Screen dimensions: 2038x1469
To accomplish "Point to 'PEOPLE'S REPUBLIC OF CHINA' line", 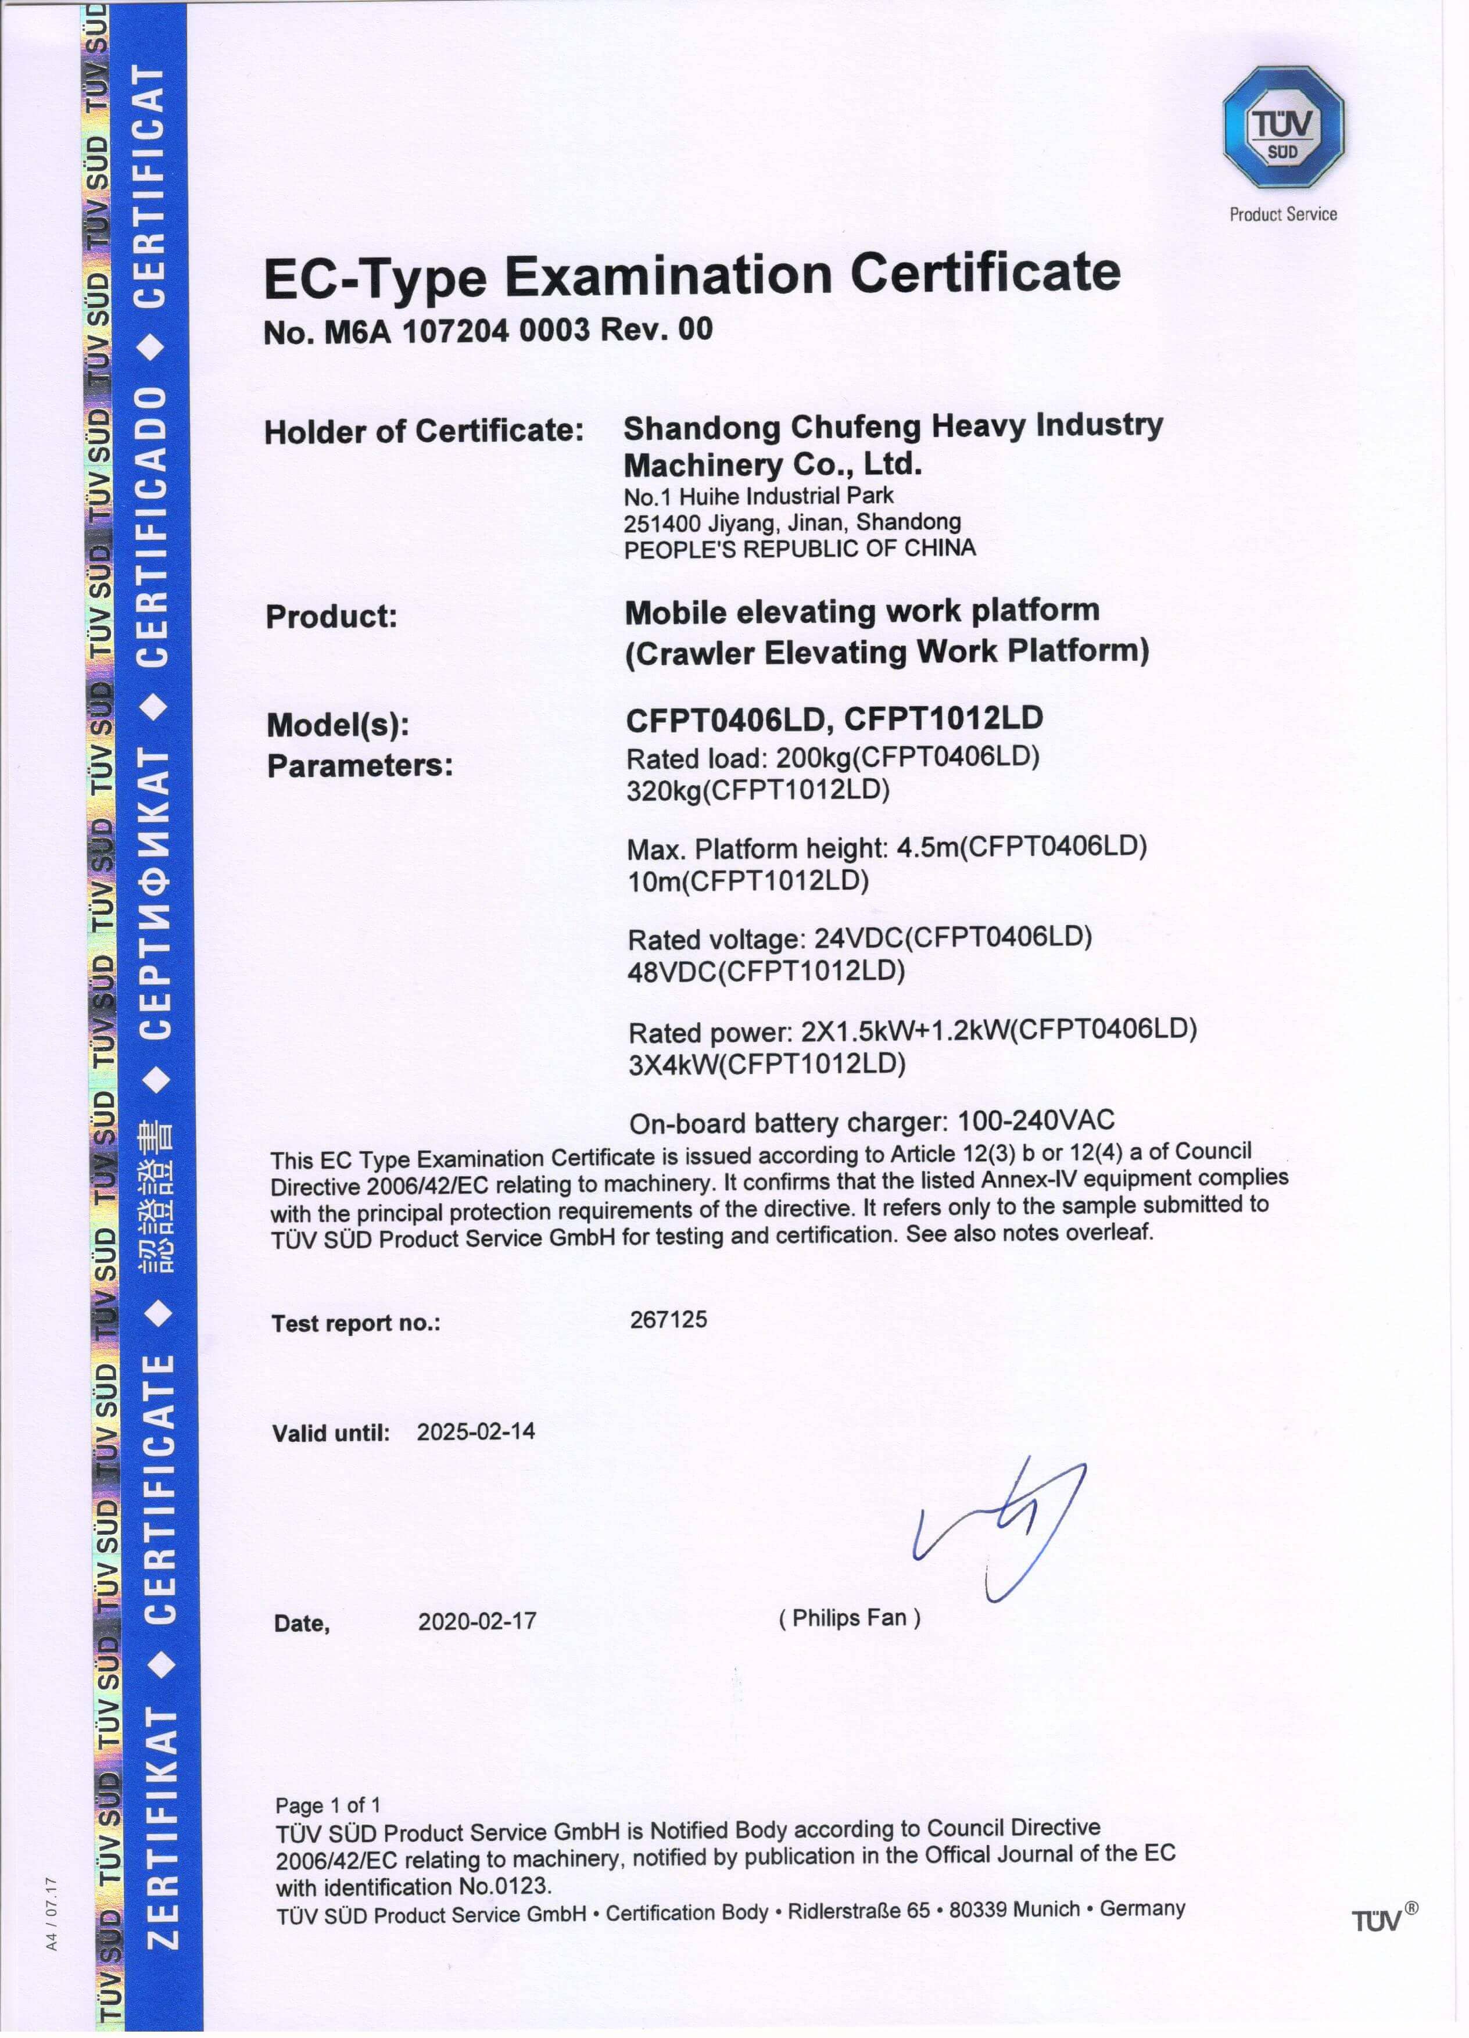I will click(799, 549).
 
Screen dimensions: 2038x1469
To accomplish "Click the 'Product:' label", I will click(331, 617).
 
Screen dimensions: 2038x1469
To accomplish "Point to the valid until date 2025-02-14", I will click(475, 1431).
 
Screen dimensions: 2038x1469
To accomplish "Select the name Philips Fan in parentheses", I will click(849, 1617).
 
